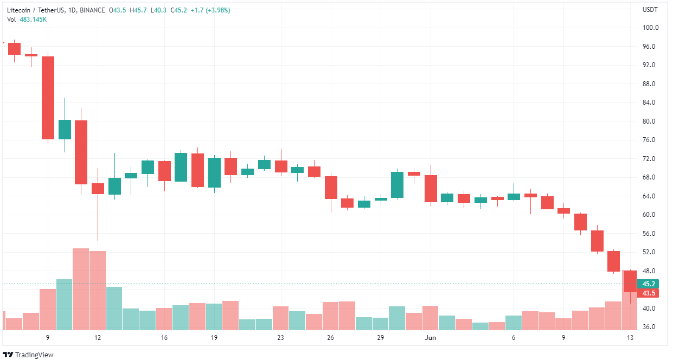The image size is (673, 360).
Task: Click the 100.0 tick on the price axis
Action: coord(651,28)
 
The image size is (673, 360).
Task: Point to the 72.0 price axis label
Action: coord(651,159)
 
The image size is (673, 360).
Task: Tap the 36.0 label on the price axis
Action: coord(651,327)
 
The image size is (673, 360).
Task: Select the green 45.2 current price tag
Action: coord(649,284)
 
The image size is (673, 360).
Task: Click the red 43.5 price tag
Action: coord(649,293)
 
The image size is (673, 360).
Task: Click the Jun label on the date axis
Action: coord(430,338)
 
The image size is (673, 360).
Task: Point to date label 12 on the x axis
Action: coord(98,338)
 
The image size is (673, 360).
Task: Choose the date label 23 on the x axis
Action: coord(280,338)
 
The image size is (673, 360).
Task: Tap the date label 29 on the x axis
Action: coord(381,338)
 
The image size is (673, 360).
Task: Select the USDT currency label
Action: coord(650,10)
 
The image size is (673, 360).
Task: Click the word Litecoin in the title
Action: coord(20,10)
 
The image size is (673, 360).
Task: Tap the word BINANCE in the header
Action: coord(92,10)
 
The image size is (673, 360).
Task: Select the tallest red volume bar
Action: coord(81,289)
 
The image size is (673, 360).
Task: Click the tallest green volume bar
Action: coord(64,305)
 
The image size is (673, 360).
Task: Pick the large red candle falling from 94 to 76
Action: coord(48,98)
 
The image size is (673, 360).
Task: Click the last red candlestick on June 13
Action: coord(630,281)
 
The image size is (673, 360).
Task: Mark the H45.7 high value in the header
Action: coord(140,10)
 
